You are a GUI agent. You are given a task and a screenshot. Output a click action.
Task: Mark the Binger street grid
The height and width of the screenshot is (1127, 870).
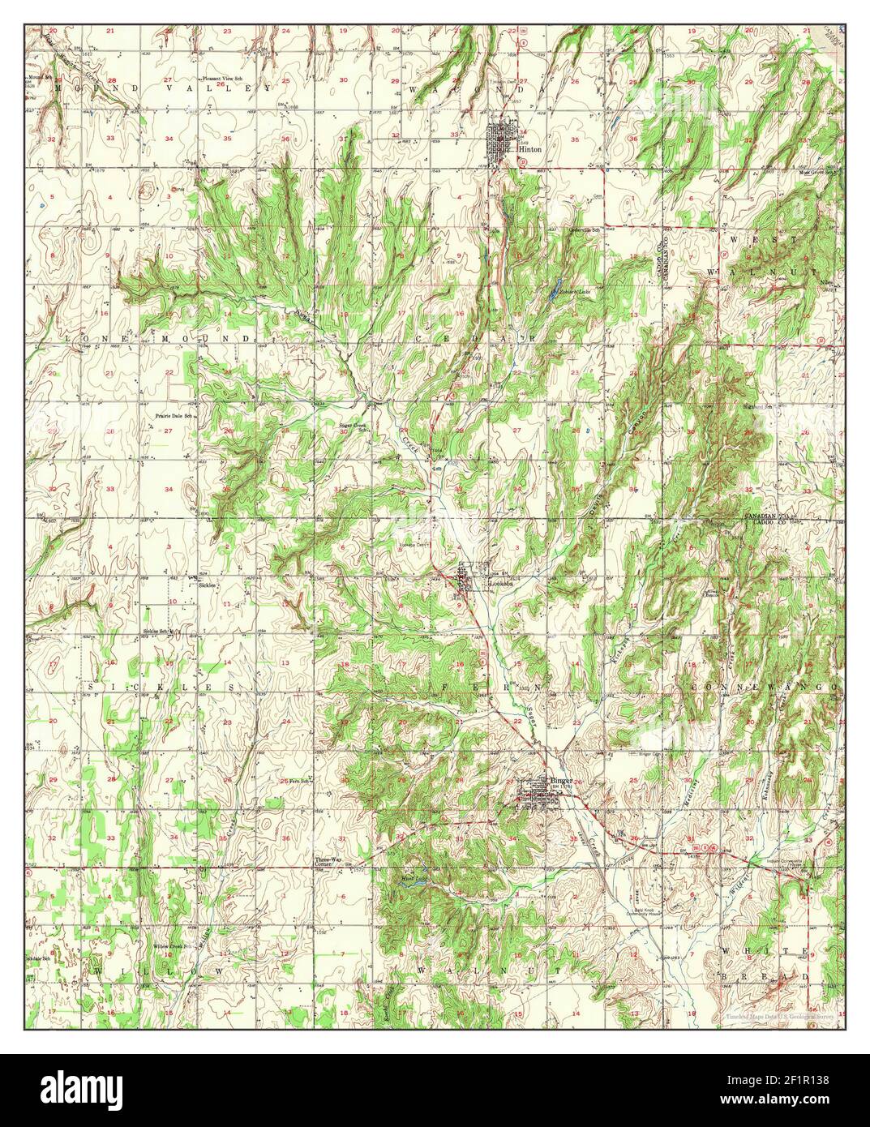539,795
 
